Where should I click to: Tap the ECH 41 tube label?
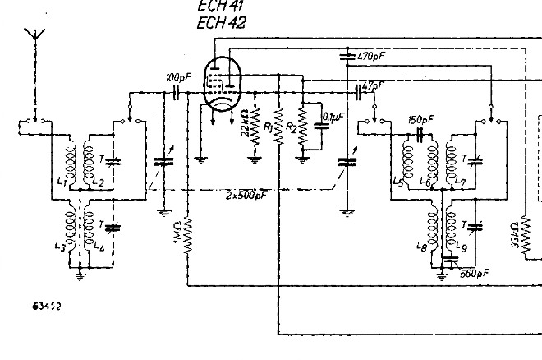(x=216, y=7)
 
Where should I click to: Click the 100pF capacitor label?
(x=175, y=77)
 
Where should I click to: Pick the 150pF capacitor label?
(x=420, y=119)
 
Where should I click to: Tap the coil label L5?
(x=399, y=180)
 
